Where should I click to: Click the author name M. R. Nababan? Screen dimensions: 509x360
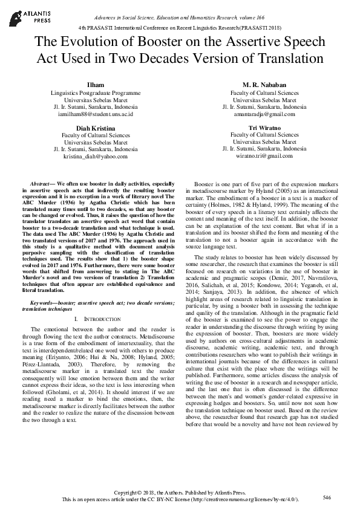tap(264, 85)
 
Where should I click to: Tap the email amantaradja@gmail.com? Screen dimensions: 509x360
tap(264, 114)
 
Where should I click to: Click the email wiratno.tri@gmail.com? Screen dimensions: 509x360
tap(264, 156)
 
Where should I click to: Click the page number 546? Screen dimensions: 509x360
tap(327, 497)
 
